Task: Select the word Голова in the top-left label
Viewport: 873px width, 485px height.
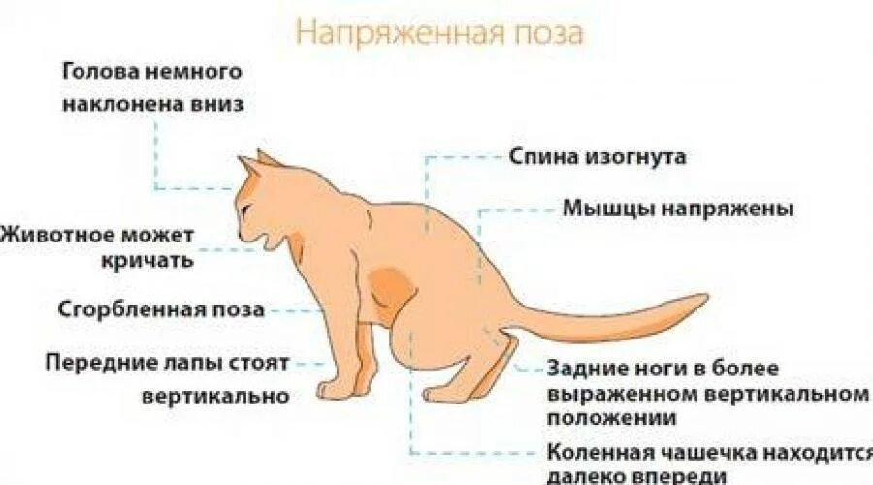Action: (x=94, y=72)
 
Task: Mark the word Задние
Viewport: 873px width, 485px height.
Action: (x=587, y=370)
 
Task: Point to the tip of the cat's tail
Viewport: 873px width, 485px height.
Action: (x=704, y=300)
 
